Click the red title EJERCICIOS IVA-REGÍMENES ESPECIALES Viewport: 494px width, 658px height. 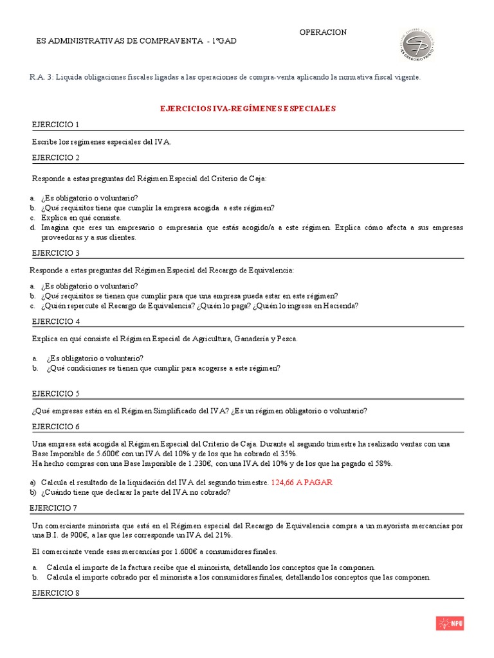pyautogui.click(x=248, y=109)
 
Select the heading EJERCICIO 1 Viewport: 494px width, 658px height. pyautogui.click(x=55, y=125)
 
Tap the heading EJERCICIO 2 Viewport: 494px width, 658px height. pyautogui.click(x=55, y=158)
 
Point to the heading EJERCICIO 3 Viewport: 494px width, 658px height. pyautogui.click(x=55, y=253)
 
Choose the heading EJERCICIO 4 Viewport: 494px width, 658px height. pyautogui.click(x=55, y=321)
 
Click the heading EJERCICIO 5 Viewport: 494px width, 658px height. pyautogui.click(x=55, y=393)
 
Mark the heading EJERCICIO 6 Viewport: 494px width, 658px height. pyautogui.click(x=55, y=427)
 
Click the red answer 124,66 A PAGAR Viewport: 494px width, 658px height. pyautogui.click(x=302, y=482)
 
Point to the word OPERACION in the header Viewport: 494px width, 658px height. pyautogui.click(x=323, y=32)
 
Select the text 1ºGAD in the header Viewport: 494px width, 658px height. pyautogui.click(x=224, y=41)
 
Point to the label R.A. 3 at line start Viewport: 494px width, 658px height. pyautogui.click(x=41, y=77)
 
